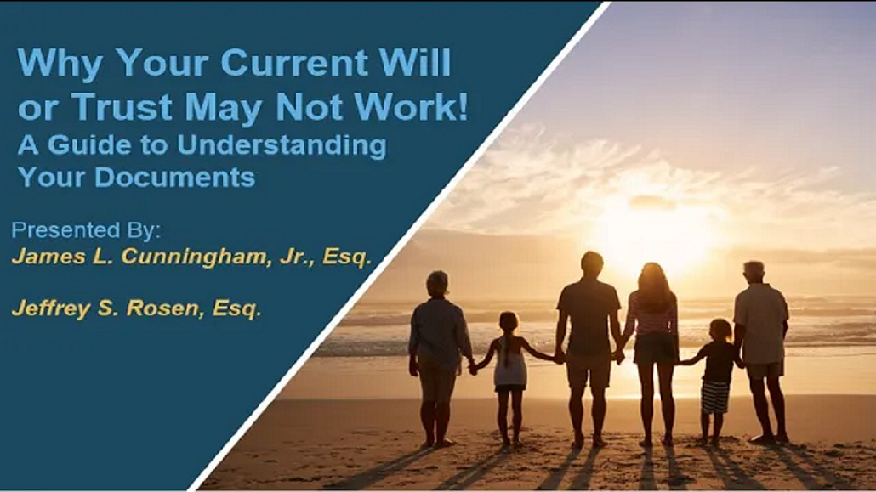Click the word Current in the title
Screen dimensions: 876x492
click(293, 62)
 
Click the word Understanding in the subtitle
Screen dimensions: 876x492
click(282, 146)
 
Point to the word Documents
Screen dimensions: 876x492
click(175, 177)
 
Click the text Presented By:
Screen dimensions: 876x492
click(86, 230)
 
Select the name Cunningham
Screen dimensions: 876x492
click(194, 257)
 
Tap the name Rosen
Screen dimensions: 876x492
click(165, 308)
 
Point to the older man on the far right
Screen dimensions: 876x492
click(761, 351)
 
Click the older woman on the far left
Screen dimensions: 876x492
click(439, 358)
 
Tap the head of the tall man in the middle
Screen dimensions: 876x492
click(591, 263)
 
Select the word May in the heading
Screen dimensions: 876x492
click(224, 108)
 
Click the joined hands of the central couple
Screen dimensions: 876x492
click(618, 356)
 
